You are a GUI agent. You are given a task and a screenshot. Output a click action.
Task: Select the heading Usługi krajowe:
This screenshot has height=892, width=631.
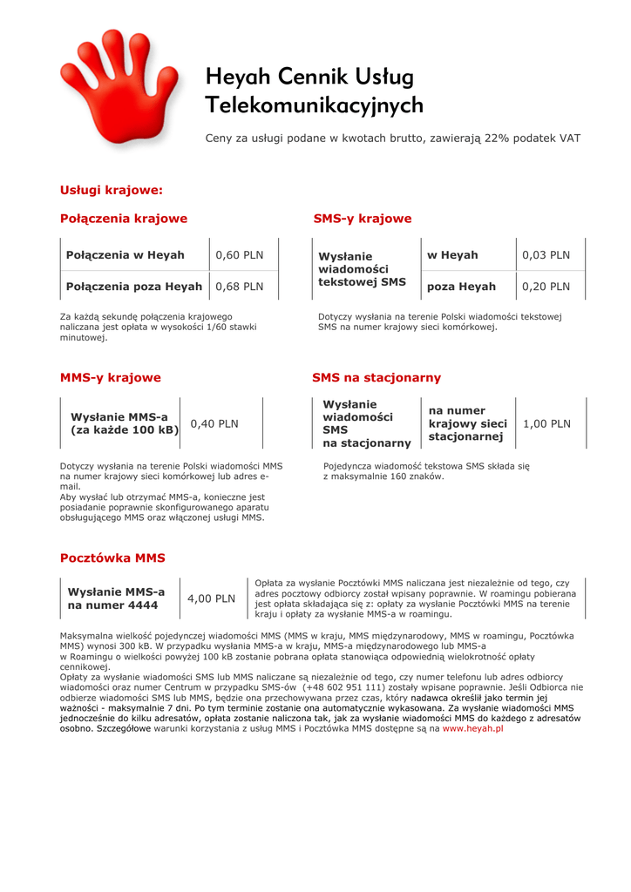112,190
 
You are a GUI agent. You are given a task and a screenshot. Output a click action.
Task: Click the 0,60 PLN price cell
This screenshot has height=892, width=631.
239,255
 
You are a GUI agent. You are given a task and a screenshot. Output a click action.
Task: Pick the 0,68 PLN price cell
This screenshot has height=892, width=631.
239,287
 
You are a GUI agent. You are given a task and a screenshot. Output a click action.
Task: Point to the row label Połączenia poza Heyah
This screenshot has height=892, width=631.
134,287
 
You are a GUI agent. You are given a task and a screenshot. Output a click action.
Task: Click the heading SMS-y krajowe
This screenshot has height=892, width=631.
362,219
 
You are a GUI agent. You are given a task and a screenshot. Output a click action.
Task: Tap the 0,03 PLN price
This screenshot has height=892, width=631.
546,255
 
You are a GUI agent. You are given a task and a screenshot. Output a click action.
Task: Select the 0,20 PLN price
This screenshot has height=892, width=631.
546,287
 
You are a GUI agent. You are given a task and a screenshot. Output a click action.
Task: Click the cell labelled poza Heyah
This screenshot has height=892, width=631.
461,287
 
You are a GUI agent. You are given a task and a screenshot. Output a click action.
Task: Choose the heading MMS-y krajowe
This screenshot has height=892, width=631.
110,378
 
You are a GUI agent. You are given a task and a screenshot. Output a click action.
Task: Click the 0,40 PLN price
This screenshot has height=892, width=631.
214,424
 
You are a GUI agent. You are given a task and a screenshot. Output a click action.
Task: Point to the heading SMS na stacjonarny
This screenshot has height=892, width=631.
377,378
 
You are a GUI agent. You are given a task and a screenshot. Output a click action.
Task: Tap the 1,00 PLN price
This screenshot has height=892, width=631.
546,424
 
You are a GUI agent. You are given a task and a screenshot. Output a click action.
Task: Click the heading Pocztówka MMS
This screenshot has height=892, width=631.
112,557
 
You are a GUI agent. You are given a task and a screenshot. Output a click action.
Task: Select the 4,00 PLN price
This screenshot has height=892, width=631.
212,598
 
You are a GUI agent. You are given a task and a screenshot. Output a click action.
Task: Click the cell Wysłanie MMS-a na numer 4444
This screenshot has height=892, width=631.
116,598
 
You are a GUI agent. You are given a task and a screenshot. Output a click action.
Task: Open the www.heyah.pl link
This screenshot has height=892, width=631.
473,728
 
